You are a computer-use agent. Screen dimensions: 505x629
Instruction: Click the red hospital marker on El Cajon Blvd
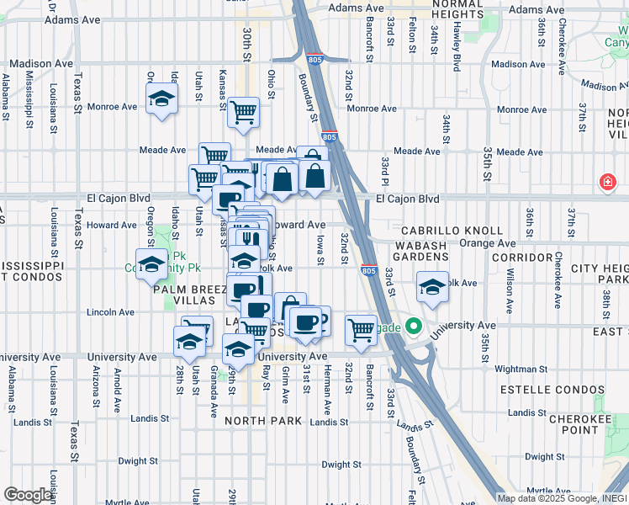tap(606, 182)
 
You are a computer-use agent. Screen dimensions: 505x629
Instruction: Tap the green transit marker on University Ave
tap(413, 325)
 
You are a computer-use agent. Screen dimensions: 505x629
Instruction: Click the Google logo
tap(28, 495)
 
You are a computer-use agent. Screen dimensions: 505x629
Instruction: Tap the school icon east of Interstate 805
tap(432, 287)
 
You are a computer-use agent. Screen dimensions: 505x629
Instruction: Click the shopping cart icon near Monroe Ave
tap(243, 110)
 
